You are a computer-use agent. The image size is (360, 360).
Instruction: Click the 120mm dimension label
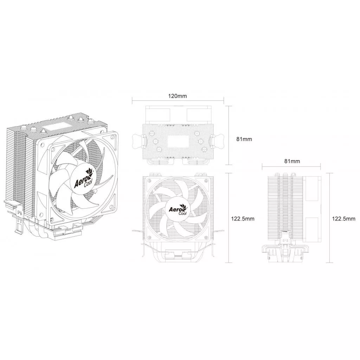(x=178, y=96)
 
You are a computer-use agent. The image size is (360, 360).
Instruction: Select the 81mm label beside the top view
(x=244, y=139)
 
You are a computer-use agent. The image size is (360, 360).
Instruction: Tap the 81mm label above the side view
(x=292, y=161)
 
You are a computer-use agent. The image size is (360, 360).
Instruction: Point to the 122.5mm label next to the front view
(x=243, y=219)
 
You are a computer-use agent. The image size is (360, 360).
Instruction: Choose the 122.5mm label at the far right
(x=344, y=219)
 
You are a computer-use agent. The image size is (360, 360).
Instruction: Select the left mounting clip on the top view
(x=139, y=141)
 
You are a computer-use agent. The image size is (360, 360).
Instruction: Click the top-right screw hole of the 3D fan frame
(x=113, y=137)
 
